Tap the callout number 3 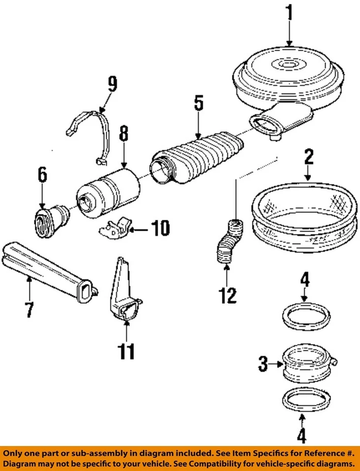point(264,364)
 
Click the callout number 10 point(160,228)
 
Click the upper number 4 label point(305,281)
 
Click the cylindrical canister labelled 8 point(109,190)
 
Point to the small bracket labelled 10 point(116,228)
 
